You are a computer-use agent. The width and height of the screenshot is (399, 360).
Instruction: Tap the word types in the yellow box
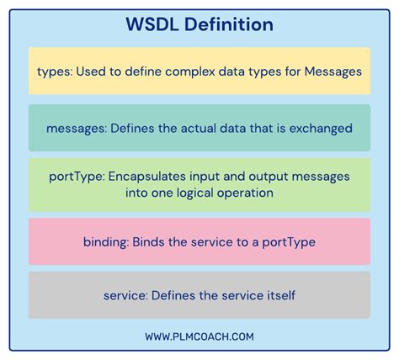tap(53, 71)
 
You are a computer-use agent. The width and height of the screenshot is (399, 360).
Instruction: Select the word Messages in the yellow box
tap(333, 71)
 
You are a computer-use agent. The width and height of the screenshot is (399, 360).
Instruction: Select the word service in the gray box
tap(124, 294)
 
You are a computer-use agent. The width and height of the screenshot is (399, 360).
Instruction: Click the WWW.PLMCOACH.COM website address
tap(199, 336)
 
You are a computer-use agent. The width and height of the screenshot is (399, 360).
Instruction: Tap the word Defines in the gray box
tap(173, 294)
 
